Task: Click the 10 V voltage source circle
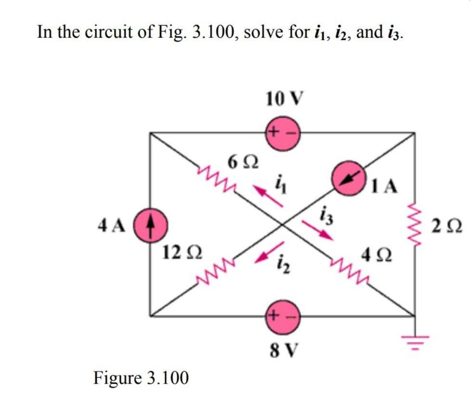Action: pos(282,132)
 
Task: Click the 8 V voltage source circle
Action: pos(282,316)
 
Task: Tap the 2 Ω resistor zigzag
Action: pos(414,225)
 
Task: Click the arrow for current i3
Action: pos(317,229)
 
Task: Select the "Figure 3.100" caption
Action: pos(141,378)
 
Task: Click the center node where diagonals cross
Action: pos(282,224)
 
